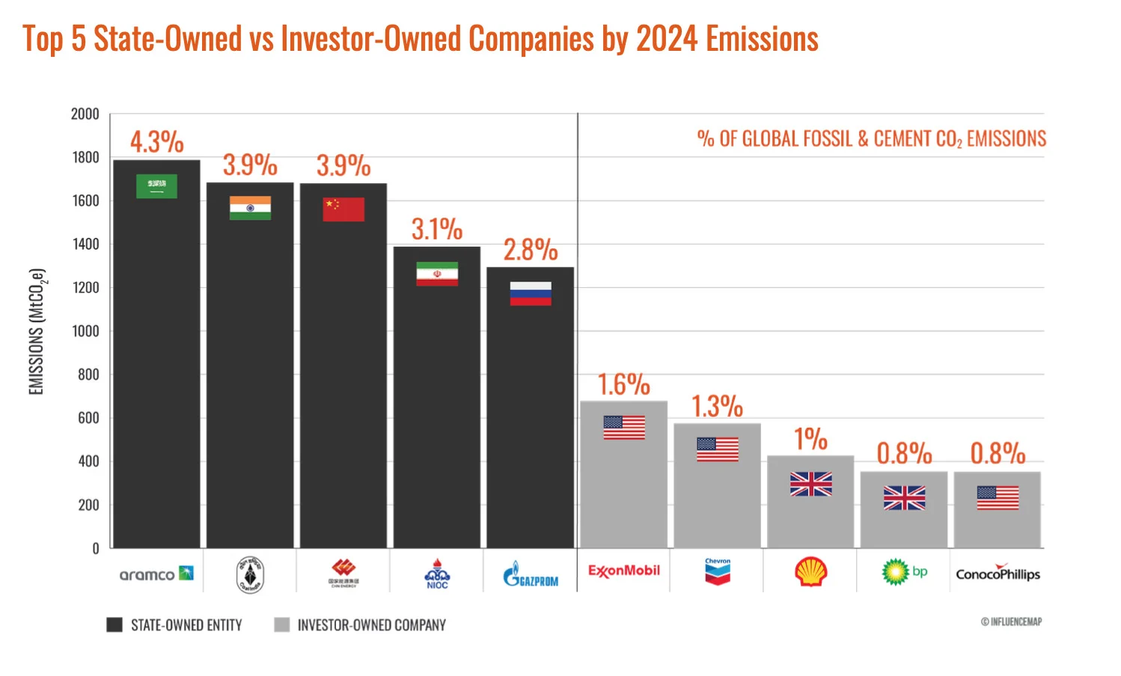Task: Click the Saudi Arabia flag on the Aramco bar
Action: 156,186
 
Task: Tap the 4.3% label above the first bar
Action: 156,142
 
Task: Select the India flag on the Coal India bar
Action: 250,208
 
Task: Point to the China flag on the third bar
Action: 343,209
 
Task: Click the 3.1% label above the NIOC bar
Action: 437,230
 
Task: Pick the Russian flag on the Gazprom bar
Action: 531,293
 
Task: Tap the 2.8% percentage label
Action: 531,251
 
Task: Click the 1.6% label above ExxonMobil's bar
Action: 623,385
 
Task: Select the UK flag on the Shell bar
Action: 810,484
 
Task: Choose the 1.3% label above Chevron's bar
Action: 717,407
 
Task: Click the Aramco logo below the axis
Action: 156,574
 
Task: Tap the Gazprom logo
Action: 531,575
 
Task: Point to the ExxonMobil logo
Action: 623,571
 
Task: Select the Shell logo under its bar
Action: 810,573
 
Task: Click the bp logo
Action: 904,573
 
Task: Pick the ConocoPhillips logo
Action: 998,574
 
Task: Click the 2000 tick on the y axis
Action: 85,114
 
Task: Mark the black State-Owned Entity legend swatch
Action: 114,625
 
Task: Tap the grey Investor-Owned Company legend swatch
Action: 281,625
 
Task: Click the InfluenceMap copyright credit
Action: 1011,622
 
